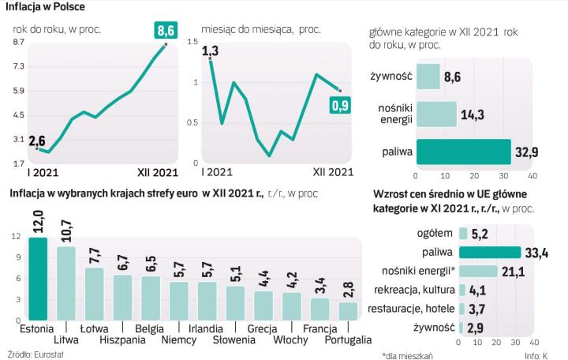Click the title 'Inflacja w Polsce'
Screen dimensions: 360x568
pyautogui.click(x=47, y=7)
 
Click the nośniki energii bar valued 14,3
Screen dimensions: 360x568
pyautogui.click(x=435, y=113)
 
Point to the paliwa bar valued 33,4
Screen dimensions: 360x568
pyautogui.click(x=489, y=253)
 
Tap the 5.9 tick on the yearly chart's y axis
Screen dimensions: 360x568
pyautogui.click(x=17, y=91)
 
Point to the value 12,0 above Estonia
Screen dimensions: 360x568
pyautogui.click(x=38, y=219)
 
